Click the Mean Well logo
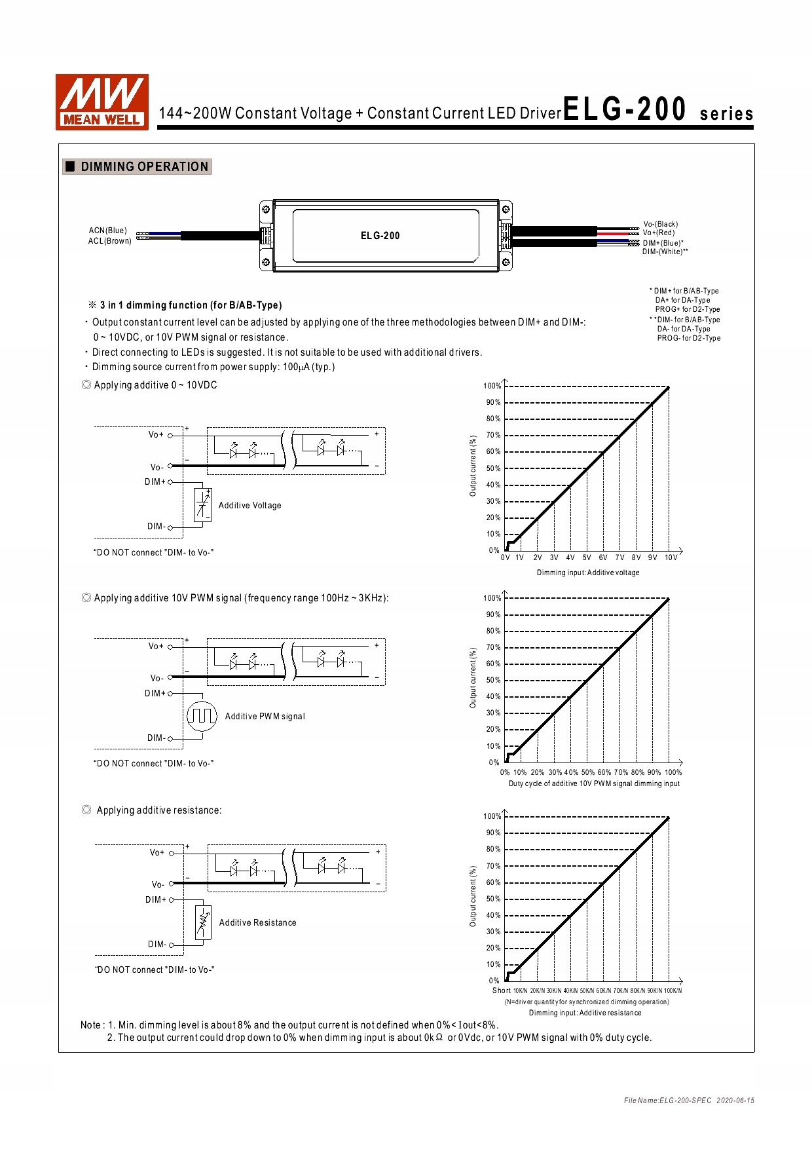(102, 102)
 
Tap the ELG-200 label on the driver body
(380, 236)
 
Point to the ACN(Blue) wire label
(108, 231)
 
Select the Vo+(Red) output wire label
(658, 233)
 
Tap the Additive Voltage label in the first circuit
(249, 505)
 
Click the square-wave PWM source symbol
(202, 716)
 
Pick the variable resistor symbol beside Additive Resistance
(204, 922)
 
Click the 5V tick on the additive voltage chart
(587, 558)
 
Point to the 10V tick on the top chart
(671, 558)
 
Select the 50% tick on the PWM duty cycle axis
(587, 772)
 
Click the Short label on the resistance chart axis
(501, 990)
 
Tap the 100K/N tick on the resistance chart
(673, 990)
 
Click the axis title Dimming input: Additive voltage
(588, 573)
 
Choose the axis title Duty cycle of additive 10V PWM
(594, 783)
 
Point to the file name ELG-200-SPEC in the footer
(667, 1101)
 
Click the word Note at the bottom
(90, 1025)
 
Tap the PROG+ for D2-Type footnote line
(687, 309)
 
